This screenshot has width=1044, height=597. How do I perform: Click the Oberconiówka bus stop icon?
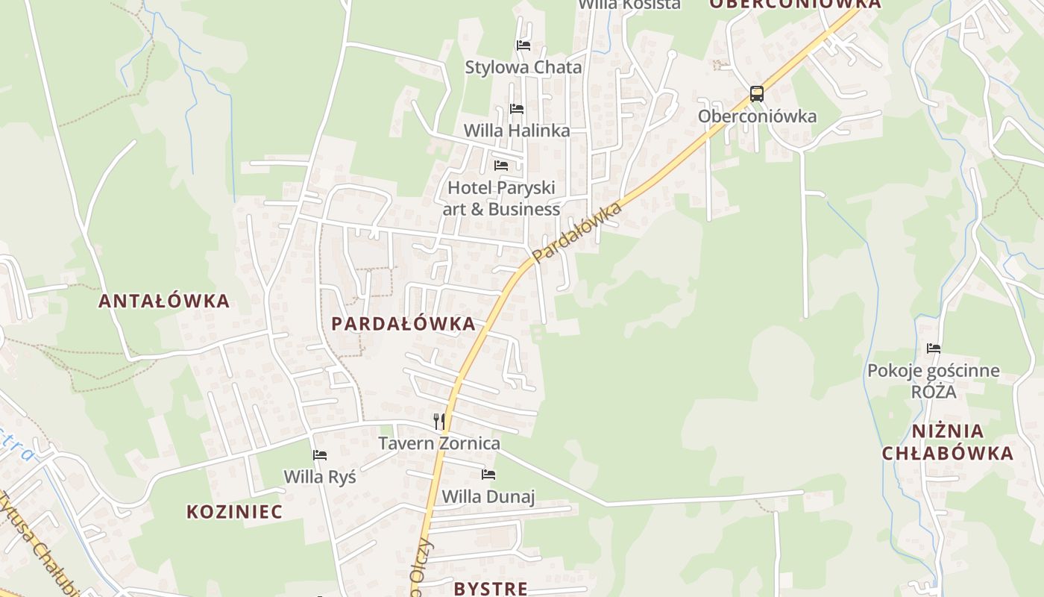tap(757, 94)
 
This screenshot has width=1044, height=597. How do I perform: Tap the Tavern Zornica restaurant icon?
tap(439, 422)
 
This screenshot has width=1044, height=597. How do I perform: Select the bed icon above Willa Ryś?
tap(320, 454)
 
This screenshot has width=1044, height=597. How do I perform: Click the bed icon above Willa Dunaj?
tap(488, 474)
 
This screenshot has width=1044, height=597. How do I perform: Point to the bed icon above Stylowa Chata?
tap(523, 45)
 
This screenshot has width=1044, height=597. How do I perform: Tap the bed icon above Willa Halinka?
tap(517, 109)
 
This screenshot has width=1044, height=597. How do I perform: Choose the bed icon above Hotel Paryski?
tap(501, 165)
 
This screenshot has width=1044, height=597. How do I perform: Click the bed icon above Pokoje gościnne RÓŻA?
tap(934, 348)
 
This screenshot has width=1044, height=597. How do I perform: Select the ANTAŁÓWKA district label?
tap(164, 301)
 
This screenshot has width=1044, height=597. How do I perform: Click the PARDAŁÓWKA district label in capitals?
tap(403, 324)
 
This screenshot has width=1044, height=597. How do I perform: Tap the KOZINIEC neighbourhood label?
tap(234, 512)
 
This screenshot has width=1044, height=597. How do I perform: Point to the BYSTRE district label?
tap(491, 589)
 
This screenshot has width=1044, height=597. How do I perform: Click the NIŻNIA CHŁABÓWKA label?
tap(948, 442)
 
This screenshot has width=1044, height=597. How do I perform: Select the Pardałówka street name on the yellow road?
tap(578, 232)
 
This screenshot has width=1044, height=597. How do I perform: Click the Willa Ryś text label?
tap(320, 476)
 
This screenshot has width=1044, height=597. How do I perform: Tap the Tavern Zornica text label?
tap(439, 443)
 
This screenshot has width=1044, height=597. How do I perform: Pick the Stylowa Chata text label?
tap(523, 67)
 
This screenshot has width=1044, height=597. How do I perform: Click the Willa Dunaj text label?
tap(488, 496)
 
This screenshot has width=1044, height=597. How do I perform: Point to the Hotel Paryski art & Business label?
tap(501, 199)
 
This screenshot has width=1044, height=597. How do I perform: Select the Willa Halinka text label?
tap(517, 131)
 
